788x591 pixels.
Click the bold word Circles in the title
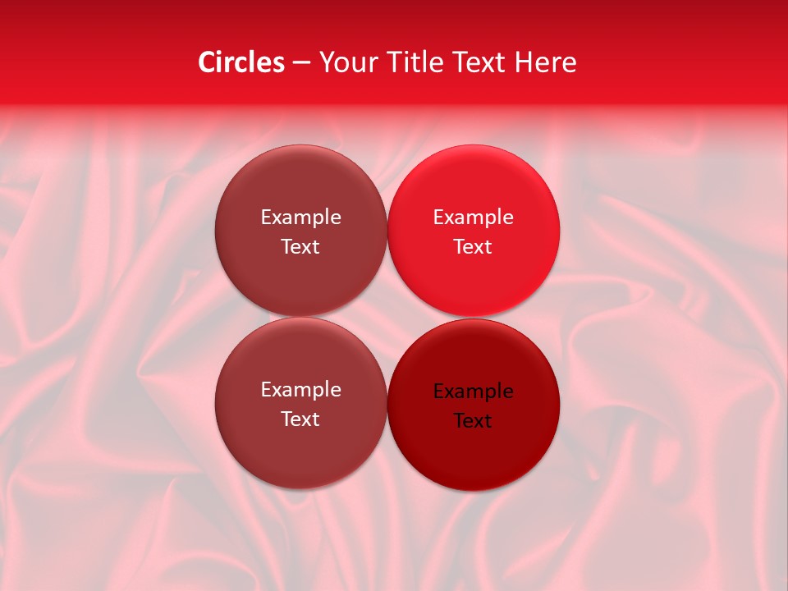pos(241,62)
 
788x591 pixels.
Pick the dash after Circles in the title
pos(301,63)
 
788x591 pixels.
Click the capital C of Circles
pos(207,62)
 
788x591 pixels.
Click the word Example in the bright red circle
pos(473,218)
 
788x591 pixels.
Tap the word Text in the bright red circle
pos(473,247)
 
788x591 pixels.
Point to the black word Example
pos(473,392)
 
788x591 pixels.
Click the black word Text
pos(473,421)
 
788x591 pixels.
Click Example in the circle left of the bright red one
pos(300,218)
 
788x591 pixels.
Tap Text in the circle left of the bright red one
pos(300,247)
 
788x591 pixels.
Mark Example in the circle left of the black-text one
pos(300,390)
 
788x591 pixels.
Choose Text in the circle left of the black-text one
pos(300,419)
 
